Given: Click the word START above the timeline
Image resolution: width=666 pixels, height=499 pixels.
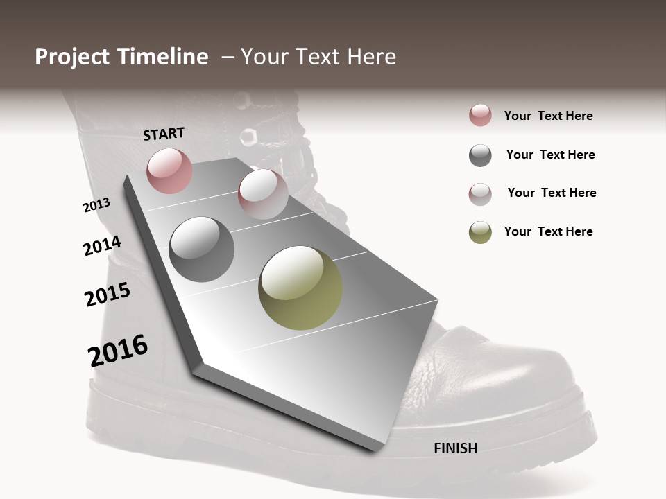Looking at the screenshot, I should [164, 133].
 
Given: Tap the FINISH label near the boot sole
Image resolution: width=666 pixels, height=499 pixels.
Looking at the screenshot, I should [456, 448].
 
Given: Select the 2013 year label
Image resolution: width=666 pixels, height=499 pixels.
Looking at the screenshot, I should [96, 205].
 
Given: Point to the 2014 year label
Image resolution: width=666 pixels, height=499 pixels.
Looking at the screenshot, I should [102, 246].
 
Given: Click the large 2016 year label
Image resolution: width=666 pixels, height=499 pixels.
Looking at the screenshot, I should [118, 351].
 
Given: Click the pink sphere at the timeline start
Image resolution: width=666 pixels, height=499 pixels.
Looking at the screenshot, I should [169, 170].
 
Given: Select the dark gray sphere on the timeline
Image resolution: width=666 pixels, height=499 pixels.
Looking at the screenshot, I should [202, 249].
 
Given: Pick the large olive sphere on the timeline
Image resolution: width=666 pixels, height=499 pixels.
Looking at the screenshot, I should [300, 288].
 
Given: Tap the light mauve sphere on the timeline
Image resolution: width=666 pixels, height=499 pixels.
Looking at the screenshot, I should [263, 194].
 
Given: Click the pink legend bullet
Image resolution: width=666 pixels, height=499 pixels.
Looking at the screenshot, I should [480, 116].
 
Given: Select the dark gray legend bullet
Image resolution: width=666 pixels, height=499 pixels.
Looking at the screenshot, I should [480, 155].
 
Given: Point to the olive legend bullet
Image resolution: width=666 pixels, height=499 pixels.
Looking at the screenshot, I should [480, 232].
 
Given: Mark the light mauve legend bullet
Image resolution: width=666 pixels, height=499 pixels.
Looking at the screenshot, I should [480, 194].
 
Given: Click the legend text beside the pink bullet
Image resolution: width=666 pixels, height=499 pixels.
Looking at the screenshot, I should [548, 116].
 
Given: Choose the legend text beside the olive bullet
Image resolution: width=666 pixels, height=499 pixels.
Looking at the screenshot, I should [548, 231].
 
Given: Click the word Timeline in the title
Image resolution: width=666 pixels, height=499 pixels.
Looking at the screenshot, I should [164, 57].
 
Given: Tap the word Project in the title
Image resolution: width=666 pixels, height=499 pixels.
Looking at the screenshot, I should [72, 57].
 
